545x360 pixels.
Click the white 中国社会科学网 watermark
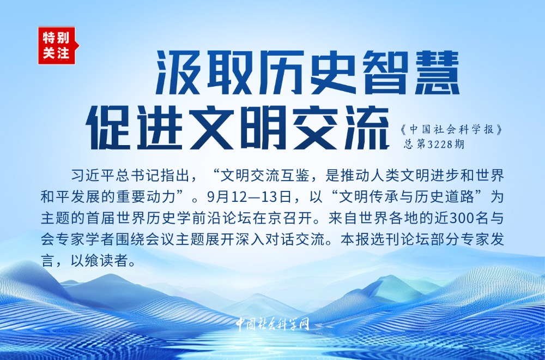pos(272,324)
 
